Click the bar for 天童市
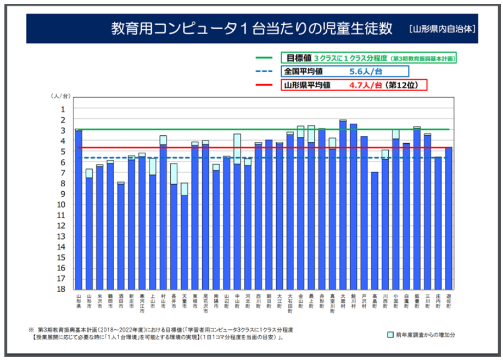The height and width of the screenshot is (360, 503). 185,242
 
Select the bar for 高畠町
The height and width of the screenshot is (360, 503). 375,230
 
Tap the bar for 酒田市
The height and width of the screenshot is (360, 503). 121,236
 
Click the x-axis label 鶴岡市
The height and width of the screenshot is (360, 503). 110,302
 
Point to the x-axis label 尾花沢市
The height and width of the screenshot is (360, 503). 205,304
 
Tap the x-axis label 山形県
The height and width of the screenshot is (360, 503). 79,302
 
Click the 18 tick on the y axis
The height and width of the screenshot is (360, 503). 62,289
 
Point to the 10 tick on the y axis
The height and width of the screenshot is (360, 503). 62,204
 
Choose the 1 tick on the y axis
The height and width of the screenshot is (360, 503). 63,109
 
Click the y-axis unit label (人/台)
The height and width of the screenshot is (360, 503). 61,96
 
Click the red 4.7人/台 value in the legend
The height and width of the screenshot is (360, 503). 365,85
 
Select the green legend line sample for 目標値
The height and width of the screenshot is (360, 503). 264,58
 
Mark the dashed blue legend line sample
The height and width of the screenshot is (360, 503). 264,71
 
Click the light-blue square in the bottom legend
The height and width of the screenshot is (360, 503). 390,334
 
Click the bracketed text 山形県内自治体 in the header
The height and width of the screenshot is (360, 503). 442,28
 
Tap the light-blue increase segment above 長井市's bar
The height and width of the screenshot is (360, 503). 174,174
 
